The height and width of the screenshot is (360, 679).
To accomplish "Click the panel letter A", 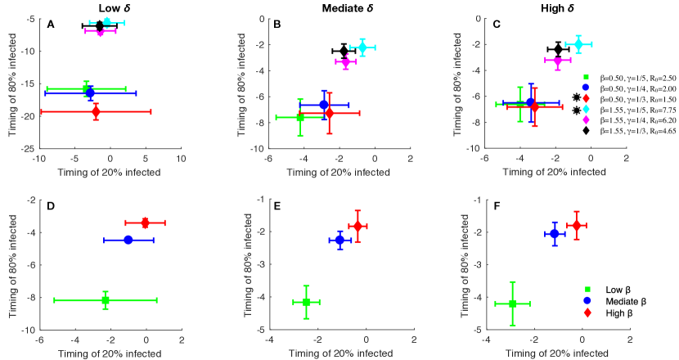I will (51, 25).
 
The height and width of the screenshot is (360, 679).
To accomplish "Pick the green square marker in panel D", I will (106, 300).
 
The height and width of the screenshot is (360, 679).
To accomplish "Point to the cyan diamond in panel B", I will (362, 47).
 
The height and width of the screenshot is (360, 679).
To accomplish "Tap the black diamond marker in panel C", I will (559, 50).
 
